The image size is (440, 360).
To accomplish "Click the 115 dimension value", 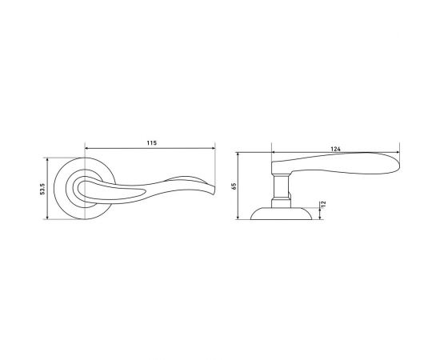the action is (x=151, y=143).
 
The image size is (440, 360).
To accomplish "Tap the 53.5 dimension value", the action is (x=42, y=189).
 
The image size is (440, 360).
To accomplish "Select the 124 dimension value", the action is (x=336, y=149).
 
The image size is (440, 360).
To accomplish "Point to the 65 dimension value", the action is (x=234, y=186).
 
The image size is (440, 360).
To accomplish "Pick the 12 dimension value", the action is (x=323, y=204).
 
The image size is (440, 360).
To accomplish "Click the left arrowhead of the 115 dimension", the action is (x=86, y=148).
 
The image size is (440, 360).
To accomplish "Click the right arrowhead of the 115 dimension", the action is (x=213, y=148).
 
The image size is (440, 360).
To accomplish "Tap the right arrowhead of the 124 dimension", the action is (x=398, y=152).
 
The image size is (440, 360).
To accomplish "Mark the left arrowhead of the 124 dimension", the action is (x=274, y=152).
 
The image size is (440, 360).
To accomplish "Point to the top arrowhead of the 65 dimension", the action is (x=238, y=154).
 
